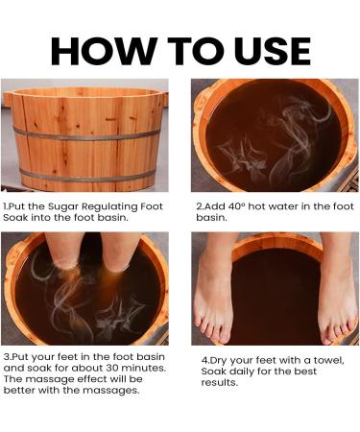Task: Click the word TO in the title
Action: point(196,51)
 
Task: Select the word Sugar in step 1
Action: point(63,206)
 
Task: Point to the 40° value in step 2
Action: point(237,206)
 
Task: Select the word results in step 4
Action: point(220,382)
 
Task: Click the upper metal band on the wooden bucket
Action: point(86,135)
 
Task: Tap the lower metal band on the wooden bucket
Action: point(87,177)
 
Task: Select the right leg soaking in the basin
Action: point(121,252)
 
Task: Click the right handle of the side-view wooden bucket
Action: point(165,99)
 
